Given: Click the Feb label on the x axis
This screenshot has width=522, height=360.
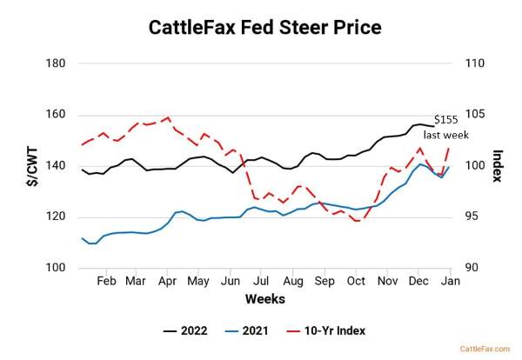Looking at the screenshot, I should (106, 282).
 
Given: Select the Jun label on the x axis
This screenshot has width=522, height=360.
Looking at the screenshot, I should (231, 282).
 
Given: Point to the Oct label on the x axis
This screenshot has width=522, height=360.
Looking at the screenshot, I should (355, 282).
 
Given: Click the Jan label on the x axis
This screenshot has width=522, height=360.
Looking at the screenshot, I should (451, 282).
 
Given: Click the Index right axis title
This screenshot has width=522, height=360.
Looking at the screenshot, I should (498, 165).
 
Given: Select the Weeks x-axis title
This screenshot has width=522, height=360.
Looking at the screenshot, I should (264, 298).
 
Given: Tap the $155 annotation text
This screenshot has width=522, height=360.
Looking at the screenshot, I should (447, 119).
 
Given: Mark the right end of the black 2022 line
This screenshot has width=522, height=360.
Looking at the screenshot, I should (434, 127).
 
